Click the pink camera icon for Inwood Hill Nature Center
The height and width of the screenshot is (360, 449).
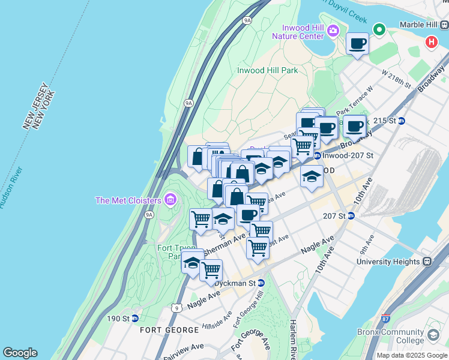pos(334,30)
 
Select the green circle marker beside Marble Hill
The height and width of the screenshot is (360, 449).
pos(379,29)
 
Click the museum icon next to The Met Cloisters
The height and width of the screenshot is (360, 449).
pos(170,199)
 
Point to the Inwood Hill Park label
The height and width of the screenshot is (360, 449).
pos(267,70)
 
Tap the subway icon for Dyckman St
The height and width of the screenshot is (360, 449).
pos(261,283)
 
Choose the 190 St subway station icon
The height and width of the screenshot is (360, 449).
pos(135,318)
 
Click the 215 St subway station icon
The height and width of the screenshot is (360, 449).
pos(402,121)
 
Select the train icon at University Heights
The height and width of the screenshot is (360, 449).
pos(427,262)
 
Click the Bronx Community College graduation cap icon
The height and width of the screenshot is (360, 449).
pos(433,335)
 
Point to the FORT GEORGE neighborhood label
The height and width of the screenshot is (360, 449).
pos(169,330)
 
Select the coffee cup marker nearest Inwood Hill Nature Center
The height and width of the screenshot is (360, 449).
pos(358,44)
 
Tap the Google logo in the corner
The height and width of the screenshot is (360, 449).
pos(20,353)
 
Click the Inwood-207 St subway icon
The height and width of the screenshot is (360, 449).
pos(317,156)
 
